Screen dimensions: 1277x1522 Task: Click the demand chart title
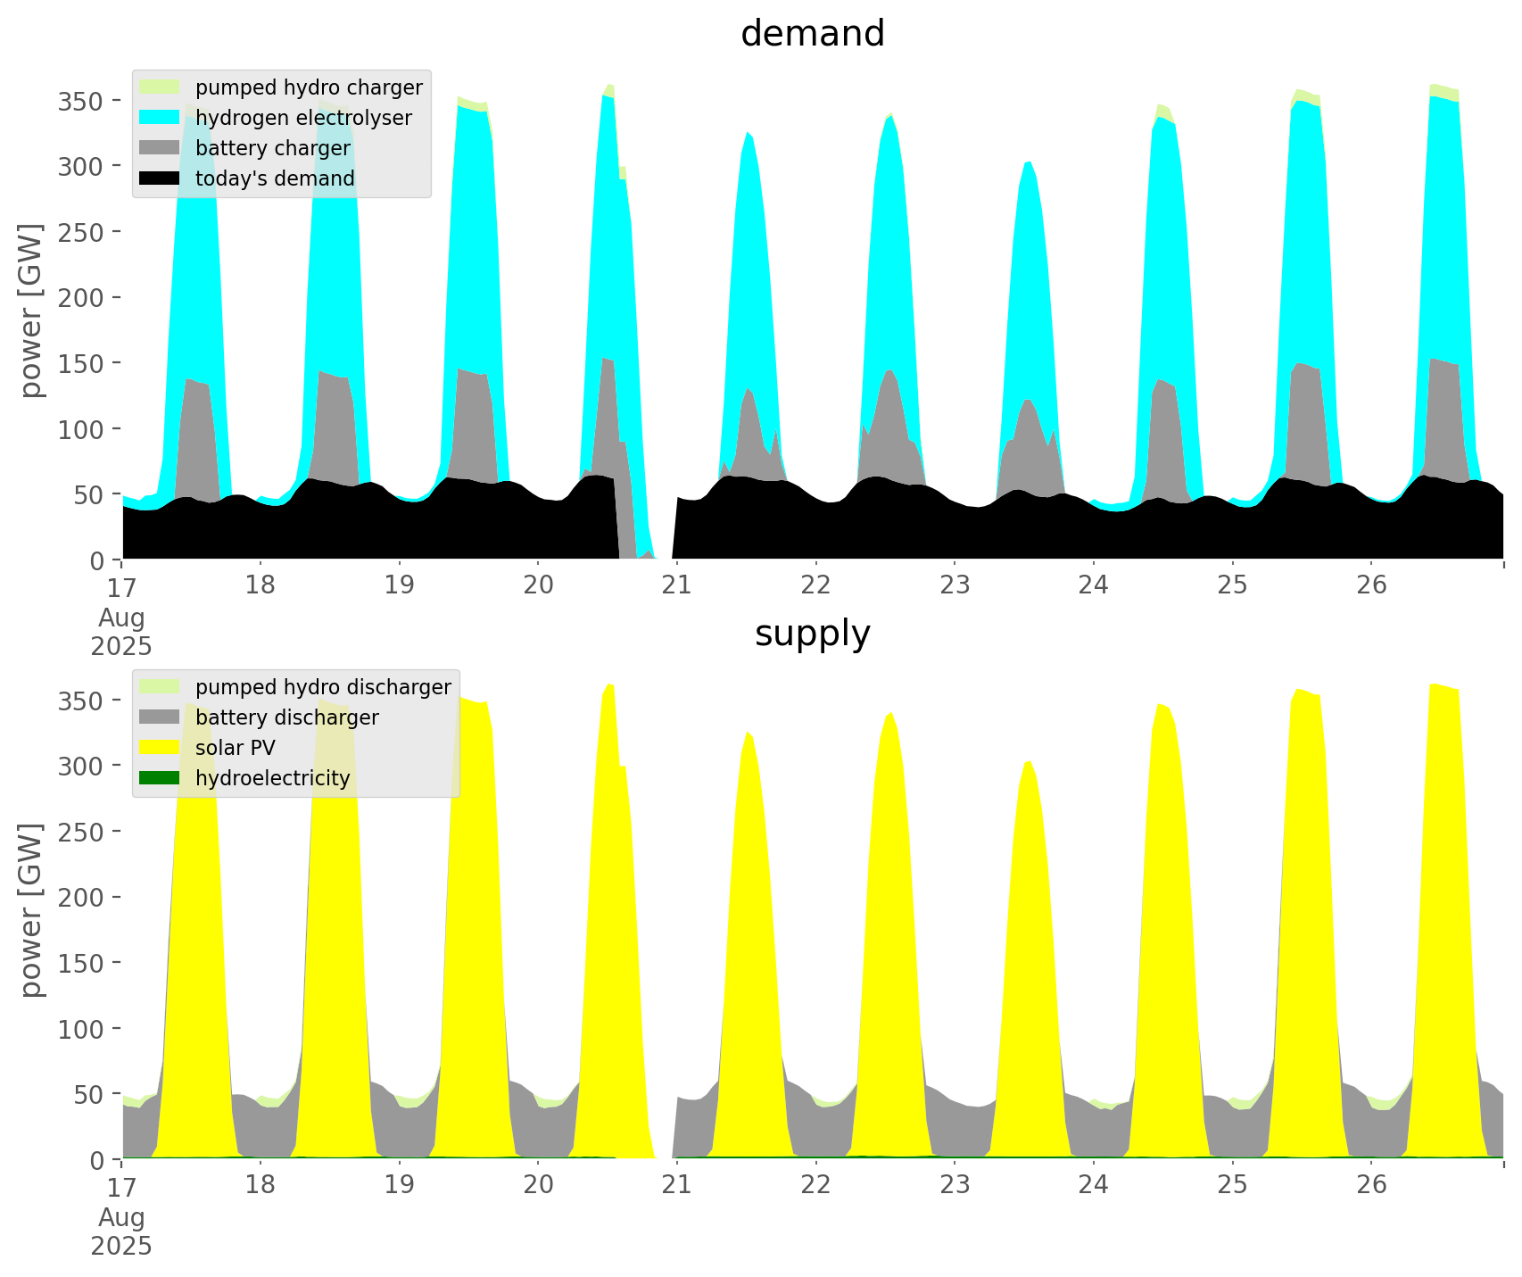pyautogui.click(x=812, y=34)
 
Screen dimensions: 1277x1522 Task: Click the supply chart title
pyautogui.click(x=812, y=634)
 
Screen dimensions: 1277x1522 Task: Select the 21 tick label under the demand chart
pyautogui.click(x=676, y=585)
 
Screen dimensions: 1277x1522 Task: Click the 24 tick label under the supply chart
pyautogui.click(x=1093, y=1185)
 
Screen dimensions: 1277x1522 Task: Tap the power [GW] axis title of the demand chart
pyautogui.click(x=31, y=311)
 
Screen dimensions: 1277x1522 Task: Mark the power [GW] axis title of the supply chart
pyautogui.click(x=31, y=910)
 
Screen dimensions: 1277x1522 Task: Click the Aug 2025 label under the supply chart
pyautogui.click(x=121, y=1231)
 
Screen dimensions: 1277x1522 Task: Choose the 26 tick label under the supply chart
pyautogui.click(x=1371, y=1185)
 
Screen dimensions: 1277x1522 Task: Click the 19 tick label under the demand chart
pyautogui.click(x=399, y=585)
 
